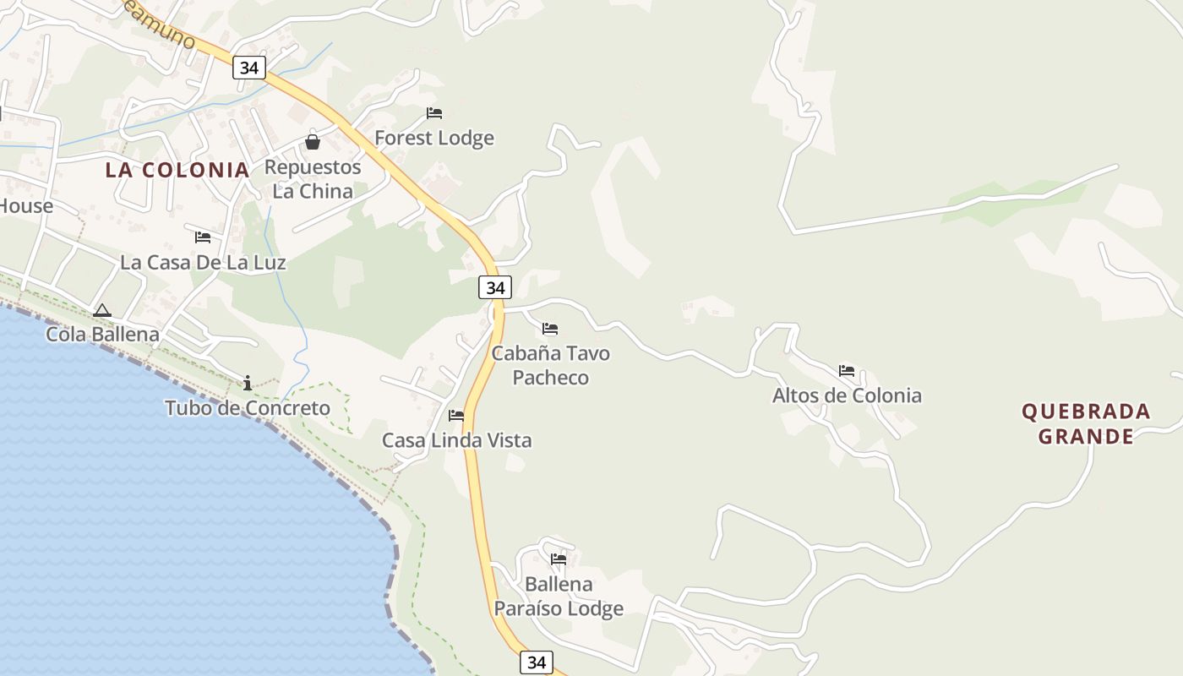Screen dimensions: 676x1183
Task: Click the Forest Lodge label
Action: coord(434,138)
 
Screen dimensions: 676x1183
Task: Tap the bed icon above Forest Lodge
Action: coord(434,113)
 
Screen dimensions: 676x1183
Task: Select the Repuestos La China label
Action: coord(313,179)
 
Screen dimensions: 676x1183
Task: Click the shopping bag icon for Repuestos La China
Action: coord(313,142)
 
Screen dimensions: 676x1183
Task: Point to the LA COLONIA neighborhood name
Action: coord(177,170)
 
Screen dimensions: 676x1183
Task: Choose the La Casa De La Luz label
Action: coord(203,262)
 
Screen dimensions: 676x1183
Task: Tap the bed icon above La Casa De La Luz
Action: coord(203,237)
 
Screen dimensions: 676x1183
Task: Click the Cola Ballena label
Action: coord(102,335)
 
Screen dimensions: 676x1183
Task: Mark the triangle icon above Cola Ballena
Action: coord(102,311)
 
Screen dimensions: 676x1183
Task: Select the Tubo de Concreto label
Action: coord(248,408)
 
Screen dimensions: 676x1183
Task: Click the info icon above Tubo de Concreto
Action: coord(248,384)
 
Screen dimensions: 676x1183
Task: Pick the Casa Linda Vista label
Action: coord(456,440)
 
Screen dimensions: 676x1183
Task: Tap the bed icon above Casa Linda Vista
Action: coord(456,416)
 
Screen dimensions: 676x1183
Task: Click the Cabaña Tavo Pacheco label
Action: coord(551,365)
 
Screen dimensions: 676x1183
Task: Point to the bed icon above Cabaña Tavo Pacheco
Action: coord(550,329)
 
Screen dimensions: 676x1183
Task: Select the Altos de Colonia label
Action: coord(847,395)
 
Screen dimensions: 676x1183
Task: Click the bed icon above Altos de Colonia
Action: coord(847,371)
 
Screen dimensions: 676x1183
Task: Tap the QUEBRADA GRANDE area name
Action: coord(1086,424)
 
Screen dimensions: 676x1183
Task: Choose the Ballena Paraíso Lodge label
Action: coord(559,596)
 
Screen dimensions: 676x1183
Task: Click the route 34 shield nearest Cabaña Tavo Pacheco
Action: coord(495,287)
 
